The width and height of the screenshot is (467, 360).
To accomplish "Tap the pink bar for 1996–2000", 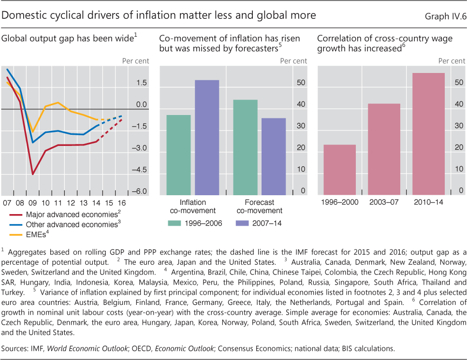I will click(339, 170).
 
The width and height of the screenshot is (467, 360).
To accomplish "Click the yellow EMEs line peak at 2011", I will click(58, 102).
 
